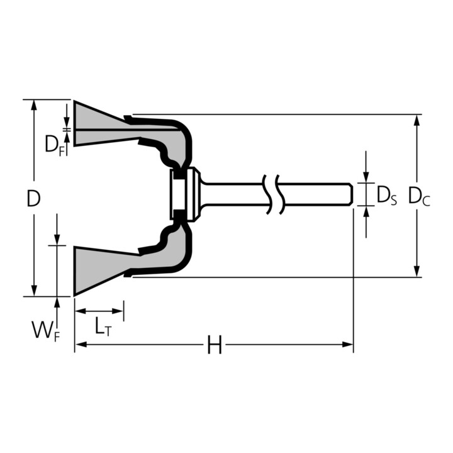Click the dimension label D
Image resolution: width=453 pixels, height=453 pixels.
coord(33,199)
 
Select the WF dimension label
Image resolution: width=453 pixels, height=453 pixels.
coord(45,329)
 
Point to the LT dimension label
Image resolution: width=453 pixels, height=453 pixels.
coord(102,325)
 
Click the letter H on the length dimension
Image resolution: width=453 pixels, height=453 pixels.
coord(215,345)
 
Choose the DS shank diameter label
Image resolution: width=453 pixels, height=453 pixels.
coord(386,196)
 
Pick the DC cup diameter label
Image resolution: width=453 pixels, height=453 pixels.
coord(418,196)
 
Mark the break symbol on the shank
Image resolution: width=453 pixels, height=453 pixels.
coord(275,193)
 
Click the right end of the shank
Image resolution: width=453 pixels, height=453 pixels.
coord(349,193)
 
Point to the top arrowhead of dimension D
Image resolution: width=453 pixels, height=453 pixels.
coord(33,104)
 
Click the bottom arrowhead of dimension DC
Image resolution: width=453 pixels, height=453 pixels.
coord(417,271)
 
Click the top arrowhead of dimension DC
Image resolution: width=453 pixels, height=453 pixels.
coord(417,120)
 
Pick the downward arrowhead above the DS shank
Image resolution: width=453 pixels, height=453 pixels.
coord(366,177)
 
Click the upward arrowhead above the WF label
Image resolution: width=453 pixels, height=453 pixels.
coord(57,303)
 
